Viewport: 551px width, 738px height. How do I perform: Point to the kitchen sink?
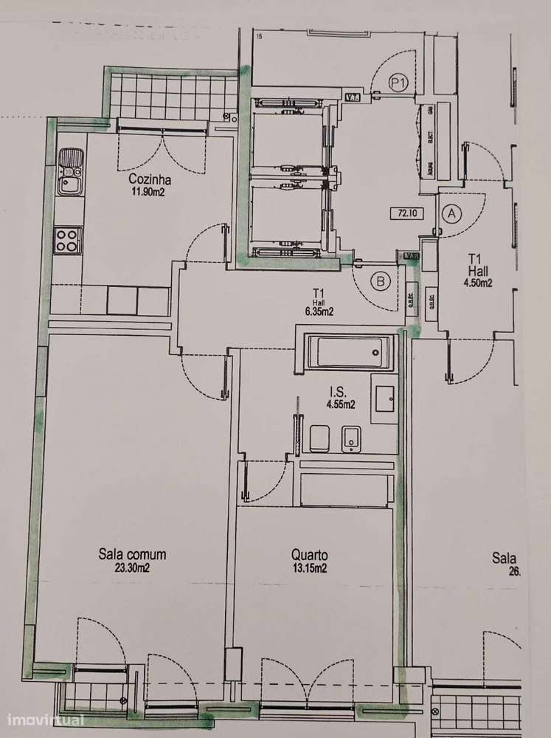coord(71,171)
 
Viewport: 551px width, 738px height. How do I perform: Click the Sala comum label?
coord(133,554)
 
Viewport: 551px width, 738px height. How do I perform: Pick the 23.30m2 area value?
coord(133,568)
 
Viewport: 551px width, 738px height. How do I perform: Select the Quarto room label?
coord(309,555)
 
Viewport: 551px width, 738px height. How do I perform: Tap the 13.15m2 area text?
coord(309,568)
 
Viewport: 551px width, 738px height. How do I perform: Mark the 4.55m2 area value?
coord(340,404)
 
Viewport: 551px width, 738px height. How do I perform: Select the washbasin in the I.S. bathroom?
coord(384,399)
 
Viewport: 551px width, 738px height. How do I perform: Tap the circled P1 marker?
coord(399,83)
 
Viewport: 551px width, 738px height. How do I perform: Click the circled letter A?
coord(451,213)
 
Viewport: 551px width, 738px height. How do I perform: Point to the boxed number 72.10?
coord(406,213)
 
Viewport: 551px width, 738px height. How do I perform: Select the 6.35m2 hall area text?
coord(319,311)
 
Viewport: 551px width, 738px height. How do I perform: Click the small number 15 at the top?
coord(259,35)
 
